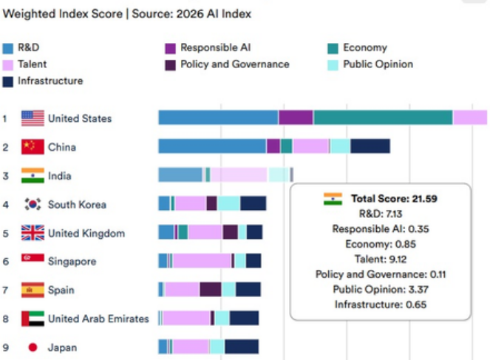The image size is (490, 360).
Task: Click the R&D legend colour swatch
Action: click(x=9, y=48)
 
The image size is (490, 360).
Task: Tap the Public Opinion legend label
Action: click(x=378, y=64)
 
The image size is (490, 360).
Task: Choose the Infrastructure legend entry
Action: click(x=50, y=81)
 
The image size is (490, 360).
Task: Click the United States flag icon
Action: click(x=33, y=118)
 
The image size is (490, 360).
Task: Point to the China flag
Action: click(x=33, y=147)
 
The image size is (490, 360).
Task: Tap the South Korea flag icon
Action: click(x=33, y=205)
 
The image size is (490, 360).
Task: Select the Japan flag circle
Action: click(x=33, y=347)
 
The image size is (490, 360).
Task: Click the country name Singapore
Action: click(x=72, y=262)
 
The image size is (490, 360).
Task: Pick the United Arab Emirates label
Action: click(x=98, y=319)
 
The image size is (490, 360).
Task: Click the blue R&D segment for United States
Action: click(x=218, y=118)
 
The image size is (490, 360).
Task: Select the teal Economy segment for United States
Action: click(x=383, y=118)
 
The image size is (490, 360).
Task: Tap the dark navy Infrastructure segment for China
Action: click(x=370, y=146)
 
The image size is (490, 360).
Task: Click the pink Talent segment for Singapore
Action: click(x=202, y=261)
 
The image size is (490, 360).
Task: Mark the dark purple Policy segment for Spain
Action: click(x=211, y=290)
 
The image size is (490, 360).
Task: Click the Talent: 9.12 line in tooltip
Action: click(x=381, y=259)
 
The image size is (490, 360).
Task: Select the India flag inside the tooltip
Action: click(x=333, y=199)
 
